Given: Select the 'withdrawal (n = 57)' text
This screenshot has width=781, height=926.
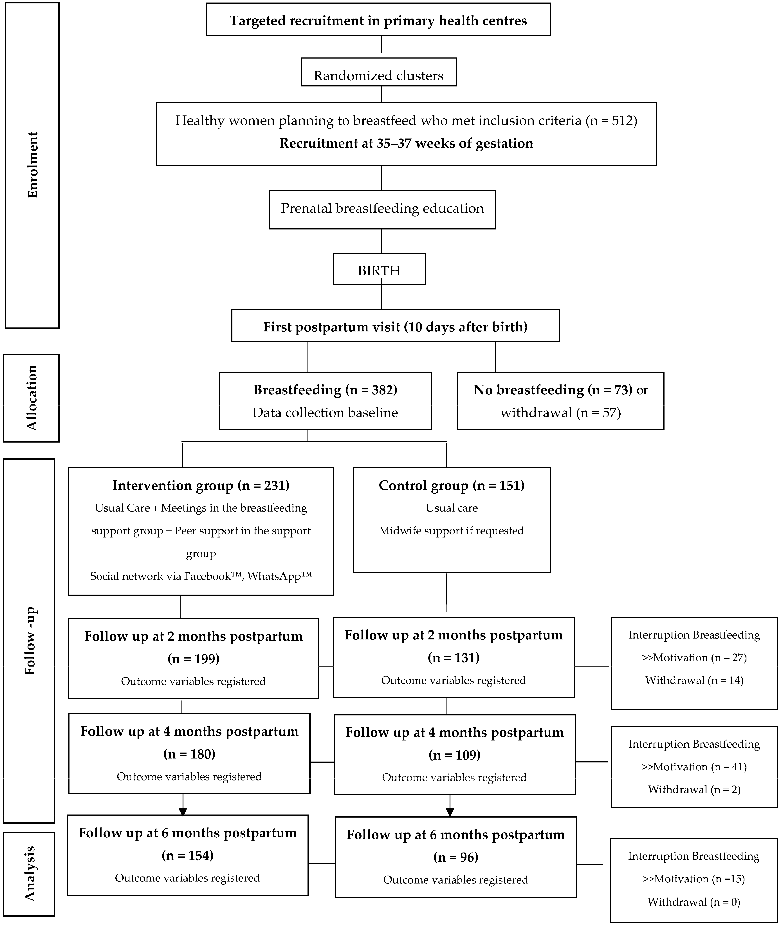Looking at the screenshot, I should [x=560, y=413].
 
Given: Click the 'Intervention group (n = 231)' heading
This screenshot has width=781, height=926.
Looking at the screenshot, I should [x=201, y=485].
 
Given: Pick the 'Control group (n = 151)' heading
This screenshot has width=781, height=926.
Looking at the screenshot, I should [x=452, y=485].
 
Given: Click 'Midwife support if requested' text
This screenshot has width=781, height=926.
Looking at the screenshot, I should [x=452, y=530].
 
